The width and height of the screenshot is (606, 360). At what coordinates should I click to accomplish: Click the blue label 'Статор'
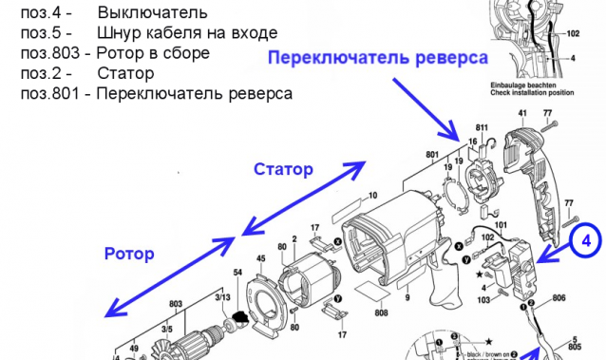pos(282,170)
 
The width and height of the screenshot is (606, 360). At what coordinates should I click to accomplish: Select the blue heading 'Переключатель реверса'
pos(377,58)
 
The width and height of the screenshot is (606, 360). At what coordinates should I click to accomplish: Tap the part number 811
pos(482,127)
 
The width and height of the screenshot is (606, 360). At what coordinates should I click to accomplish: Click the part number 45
pos(260,258)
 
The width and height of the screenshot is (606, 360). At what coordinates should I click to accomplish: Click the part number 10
pos(372,197)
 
